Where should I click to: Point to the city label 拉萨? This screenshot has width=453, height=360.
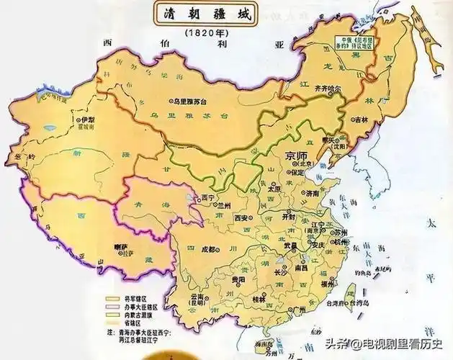pyautogui.click(x=120, y=247)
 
